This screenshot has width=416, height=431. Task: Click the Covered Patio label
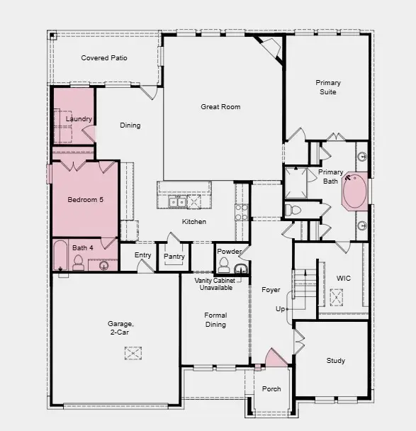click(x=104, y=58)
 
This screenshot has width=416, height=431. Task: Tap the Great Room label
click(x=220, y=107)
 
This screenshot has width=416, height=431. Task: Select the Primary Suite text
click(x=327, y=87)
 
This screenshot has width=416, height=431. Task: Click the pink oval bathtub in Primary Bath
click(x=354, y=191)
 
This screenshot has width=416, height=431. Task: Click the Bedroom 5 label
click(x=85, y=200)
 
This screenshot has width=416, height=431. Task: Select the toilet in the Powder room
click(x=224, y=266)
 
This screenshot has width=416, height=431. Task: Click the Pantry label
click(x=174, y=257)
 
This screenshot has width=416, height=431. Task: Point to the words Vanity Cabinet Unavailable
click(x=214, y=285)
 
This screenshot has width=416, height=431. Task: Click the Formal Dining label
click(x=215, y=320)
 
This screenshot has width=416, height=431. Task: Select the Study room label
click(x=336, y=361)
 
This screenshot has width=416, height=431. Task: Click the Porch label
click(x=271, y=388)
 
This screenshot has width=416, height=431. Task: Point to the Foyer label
click(x=271, y=290)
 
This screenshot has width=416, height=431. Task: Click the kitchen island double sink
click(x=178, y=202)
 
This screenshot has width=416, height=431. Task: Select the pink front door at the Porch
click(x=276, y=359)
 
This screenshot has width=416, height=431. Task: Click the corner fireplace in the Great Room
click(x=271, y=48)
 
